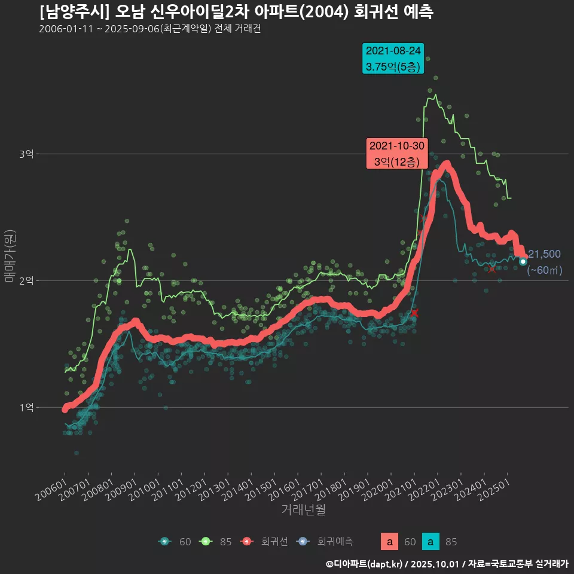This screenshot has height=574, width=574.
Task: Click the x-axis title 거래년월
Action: [x=303, y=510]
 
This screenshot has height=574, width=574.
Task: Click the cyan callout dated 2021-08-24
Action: [x=393, y=59]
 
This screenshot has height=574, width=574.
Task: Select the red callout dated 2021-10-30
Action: [x=396, y=154]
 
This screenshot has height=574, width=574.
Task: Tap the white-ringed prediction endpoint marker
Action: [x=523, y=261]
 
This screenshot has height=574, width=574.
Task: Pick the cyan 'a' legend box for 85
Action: [x=430, y=542]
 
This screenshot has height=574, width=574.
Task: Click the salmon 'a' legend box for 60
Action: [x=389, y=542]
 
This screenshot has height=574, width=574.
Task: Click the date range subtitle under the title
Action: [x=149, y=29]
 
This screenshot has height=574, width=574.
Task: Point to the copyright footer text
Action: [x=447, y=563]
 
